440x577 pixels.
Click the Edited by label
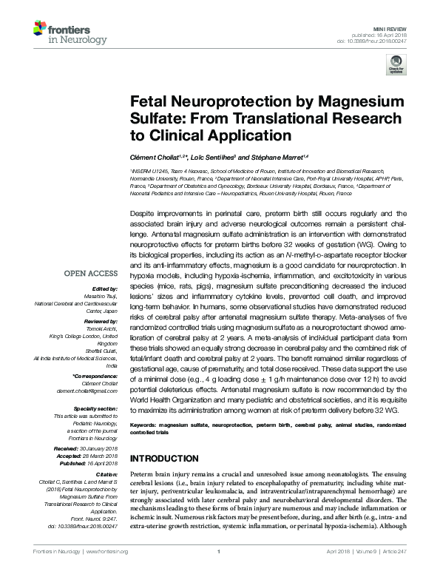click(105, 288)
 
